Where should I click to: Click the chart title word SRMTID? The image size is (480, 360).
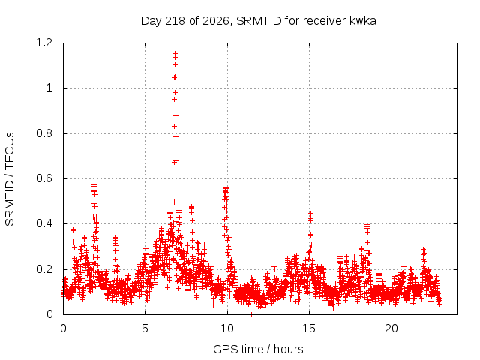(x=259, y=21)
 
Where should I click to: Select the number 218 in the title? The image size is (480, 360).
(x=175, y=21)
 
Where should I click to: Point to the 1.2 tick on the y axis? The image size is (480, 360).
(x=44, y=43)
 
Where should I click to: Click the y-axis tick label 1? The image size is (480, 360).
(x=49, y=88)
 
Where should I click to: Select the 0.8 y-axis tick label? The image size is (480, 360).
(x=44, y=133)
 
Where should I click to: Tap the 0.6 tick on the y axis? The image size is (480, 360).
(x=44, y=178)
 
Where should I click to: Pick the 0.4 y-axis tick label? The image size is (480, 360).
(x=44, y=223)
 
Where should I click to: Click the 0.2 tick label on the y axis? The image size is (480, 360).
(x=44, y=269)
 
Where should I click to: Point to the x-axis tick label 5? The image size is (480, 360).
(x=145, y=328)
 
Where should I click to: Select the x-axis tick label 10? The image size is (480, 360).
(x=226, y=328)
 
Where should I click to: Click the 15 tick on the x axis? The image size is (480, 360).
(x=309, y=328)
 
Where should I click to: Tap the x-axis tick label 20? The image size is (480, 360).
(x=391, y=328)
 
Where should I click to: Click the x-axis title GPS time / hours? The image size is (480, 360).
(x=258, y=349)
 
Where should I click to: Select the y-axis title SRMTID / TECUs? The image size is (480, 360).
(x=10, y=179)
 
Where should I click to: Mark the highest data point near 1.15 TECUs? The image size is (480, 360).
(x=175, y=53)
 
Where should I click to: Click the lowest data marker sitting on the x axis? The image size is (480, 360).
(x=250, y=314)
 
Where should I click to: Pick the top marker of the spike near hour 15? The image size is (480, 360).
(x=310, y=213)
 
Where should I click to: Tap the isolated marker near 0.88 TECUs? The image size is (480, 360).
(x=175, y=115)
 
